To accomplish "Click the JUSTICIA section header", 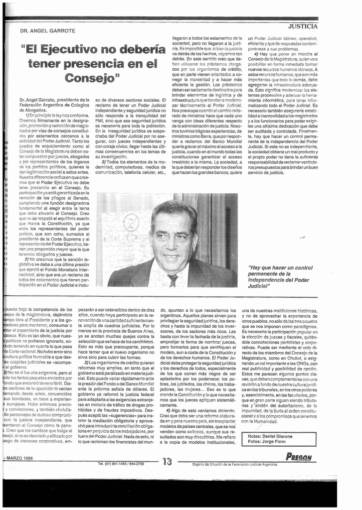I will [303, 26].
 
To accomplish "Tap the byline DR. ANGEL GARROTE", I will [47, 31].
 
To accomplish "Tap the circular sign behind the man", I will [131, 222].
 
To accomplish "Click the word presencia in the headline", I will [92, 64].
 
